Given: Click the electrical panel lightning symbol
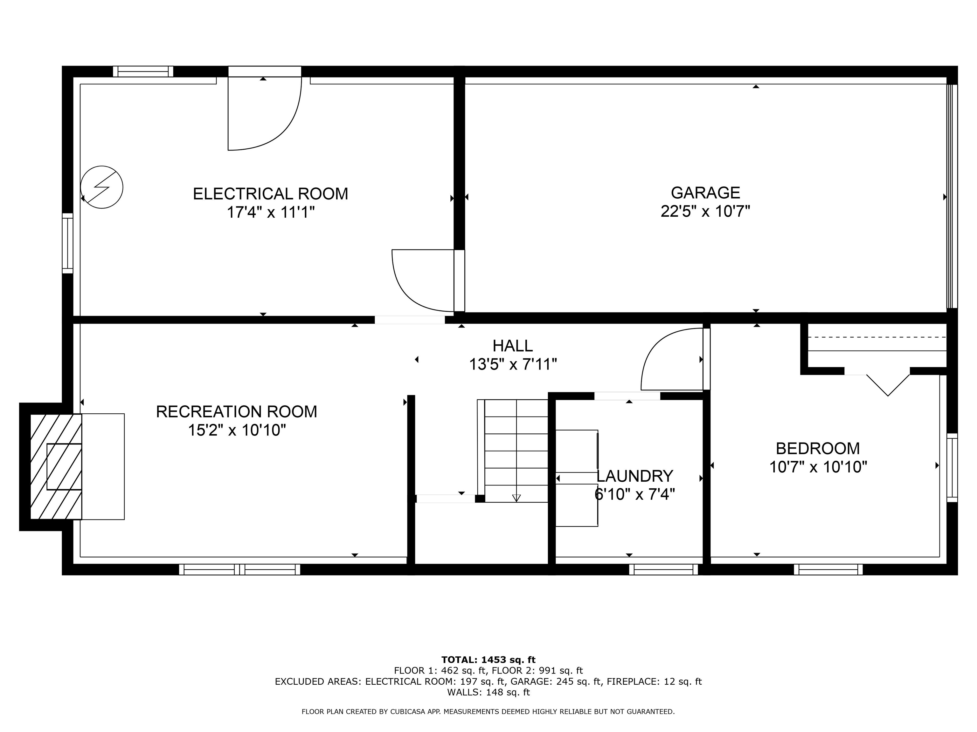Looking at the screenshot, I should click(x=101, y=187).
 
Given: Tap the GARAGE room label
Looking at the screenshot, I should click(x=705, y=193).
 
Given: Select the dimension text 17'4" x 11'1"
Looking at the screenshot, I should click(x=270, y=213).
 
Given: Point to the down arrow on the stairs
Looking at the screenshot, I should click(x=516, y=498).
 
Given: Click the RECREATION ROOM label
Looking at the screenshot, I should click(x=236, y=412).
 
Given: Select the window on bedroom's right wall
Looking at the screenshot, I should click(x=952, y=468).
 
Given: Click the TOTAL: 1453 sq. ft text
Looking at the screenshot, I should click(x=488, y=660).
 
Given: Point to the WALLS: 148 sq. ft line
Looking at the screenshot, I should click(x=488, y=692).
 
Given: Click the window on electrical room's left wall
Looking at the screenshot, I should click(x=67, y=243).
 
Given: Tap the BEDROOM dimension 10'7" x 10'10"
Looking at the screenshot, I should click(x=818, y=467).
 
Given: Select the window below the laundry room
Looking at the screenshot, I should click(x=663, y=570).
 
